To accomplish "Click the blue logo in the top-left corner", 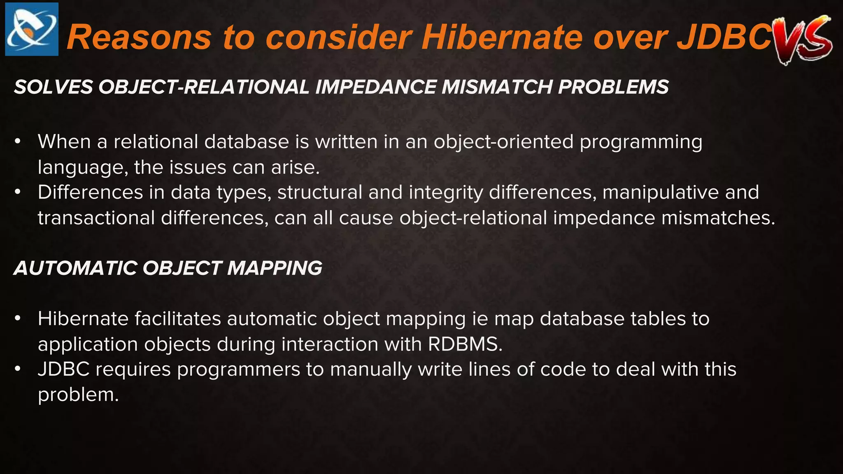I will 32,29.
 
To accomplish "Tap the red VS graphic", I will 802,39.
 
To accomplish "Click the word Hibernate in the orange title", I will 502,37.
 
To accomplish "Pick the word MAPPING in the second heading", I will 275,268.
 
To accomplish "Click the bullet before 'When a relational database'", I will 17,142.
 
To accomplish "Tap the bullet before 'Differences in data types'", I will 17,192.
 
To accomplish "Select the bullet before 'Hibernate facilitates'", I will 17,319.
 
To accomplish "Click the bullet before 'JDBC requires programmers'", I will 17,369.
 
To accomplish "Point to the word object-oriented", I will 503,142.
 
